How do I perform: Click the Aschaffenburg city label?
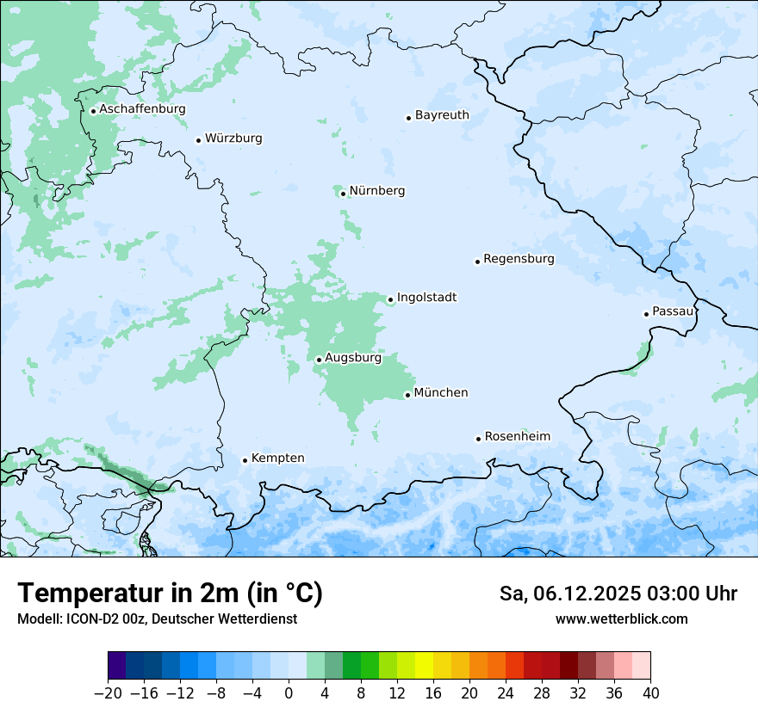pyautogui.click(x=142, y=109)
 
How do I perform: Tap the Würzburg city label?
pyautogui.click(x=233, y=138)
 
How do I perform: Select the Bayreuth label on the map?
pyautogui.click(x=442, y=115)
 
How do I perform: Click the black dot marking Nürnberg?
pyautogui.click(x=343, y=194)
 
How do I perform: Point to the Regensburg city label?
pyautogui.click(x=519, y=259)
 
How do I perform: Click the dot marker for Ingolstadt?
pyautogui.click(x=390, y=300)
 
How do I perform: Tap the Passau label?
pyautogui.click(x=672, y=311)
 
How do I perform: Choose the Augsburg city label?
pyautogui.click(x=353, y=358)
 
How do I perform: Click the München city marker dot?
pyautogui.click(x=407, y=396)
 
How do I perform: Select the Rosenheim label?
pyautogui.click(x=517, y=437)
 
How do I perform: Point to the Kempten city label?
pyautogui.click(x=277, y=459)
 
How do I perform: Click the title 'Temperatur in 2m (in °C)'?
pyautogui.click(x=170, y=593)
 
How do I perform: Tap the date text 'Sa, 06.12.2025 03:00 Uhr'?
pyautogui.click(x=618, y=594)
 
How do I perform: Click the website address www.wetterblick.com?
pyautogui.click(x=621, y=619)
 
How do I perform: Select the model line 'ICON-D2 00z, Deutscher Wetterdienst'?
pyautogui.click(x=157, y=619)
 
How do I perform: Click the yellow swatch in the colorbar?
pyautogui.click(x=424, y=666)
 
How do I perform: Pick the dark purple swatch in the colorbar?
pyautogui.click(x=117, y=666)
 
